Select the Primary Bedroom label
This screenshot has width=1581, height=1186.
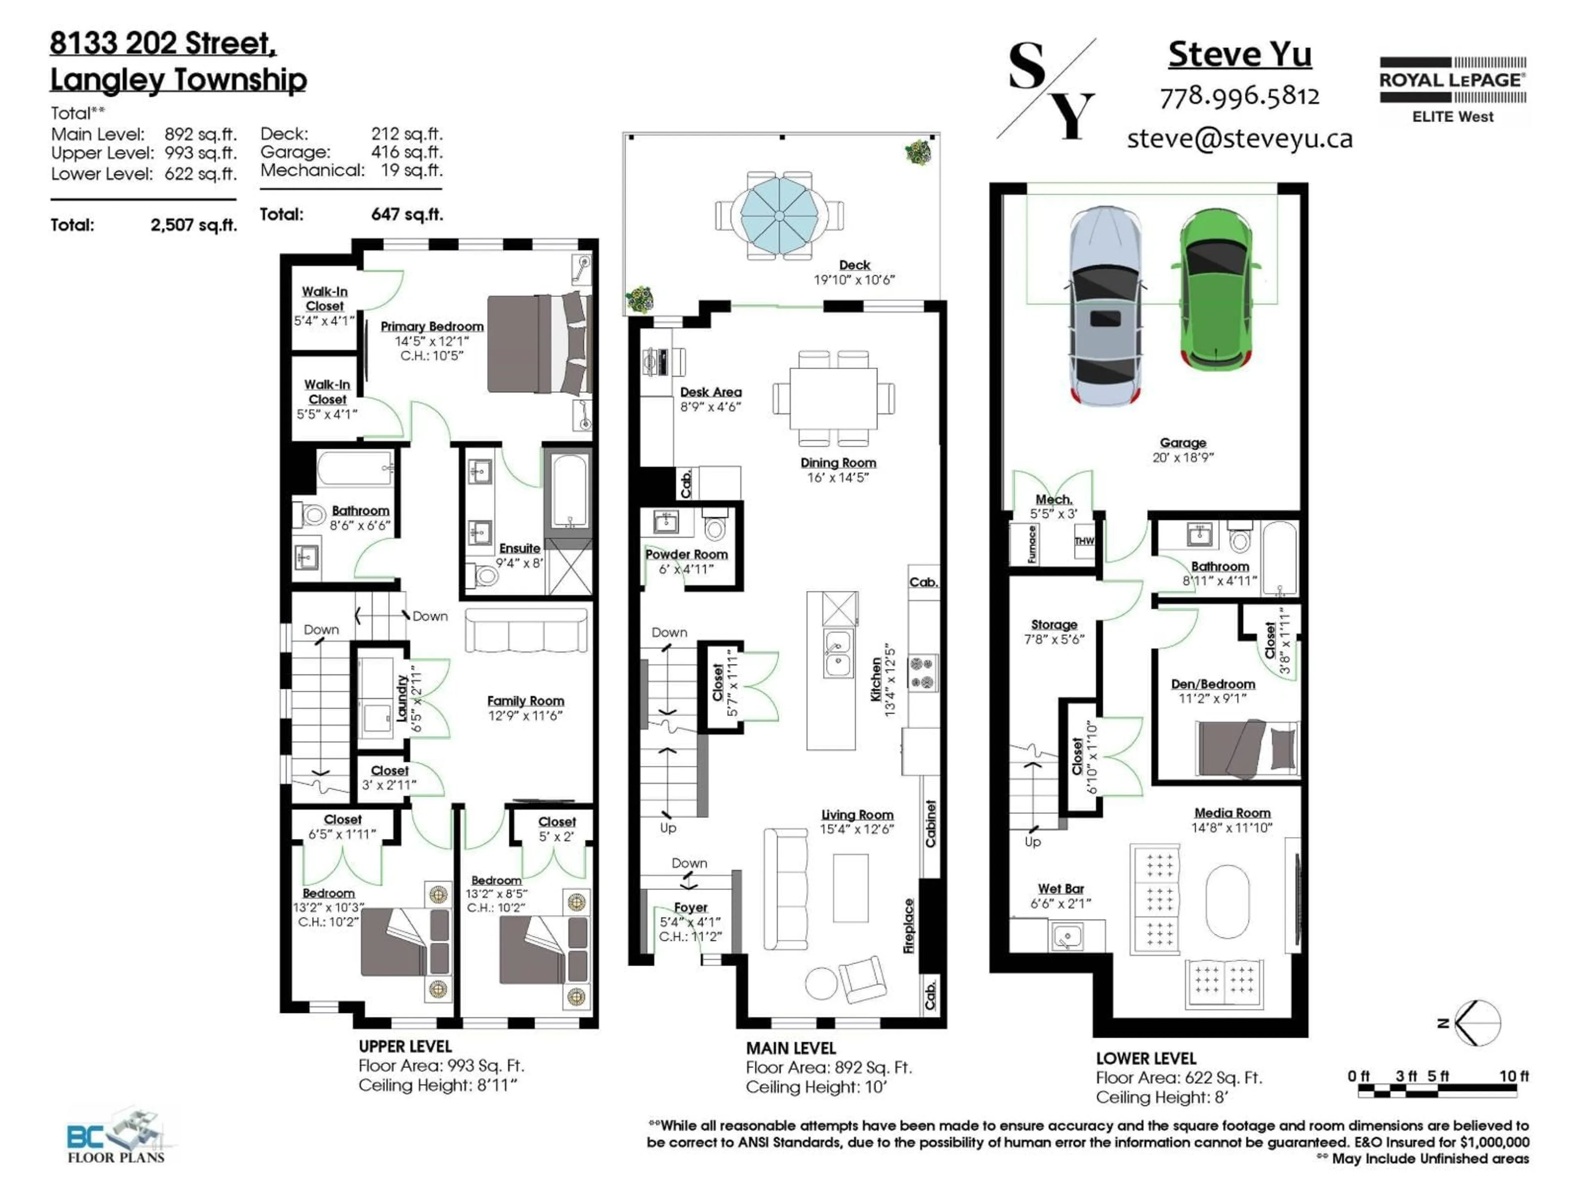[x=432, y=327]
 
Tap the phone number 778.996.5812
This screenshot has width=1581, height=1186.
[x=1239, y=96]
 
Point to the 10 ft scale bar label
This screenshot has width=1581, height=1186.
[x=1513, y=1076]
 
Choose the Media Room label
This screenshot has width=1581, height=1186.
[x=1232, y=813]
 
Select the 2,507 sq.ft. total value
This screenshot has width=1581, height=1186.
[x=193, y=225]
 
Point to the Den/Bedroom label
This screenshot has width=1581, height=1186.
[x=1213, y=684]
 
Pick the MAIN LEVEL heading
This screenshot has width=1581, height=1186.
[x=790, y=1048]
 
